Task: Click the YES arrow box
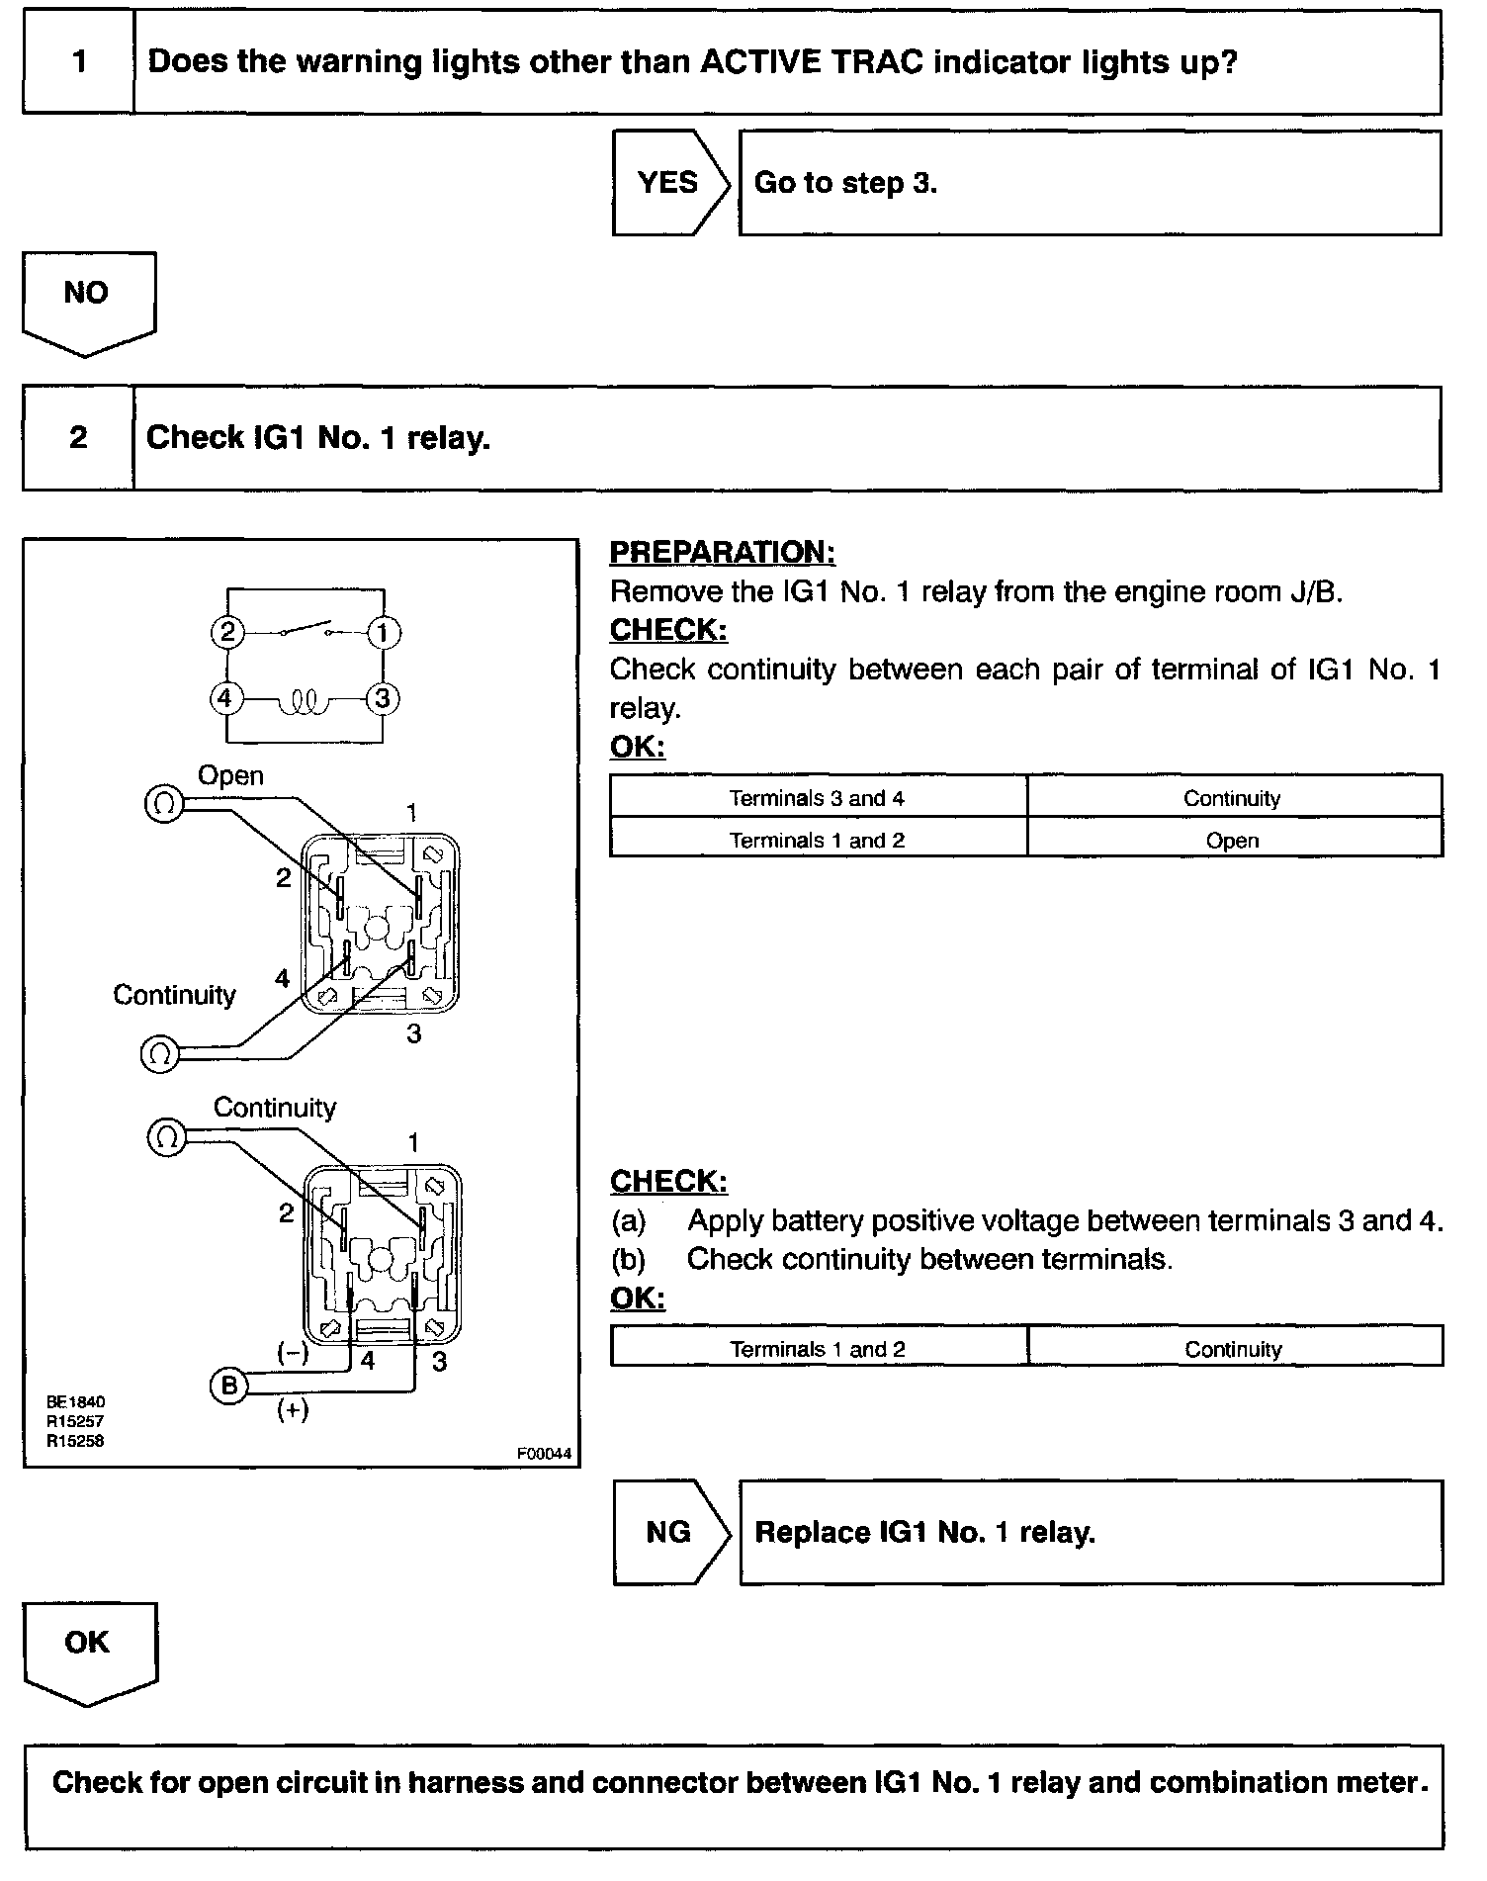pos(669,183)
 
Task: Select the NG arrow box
pos(669,1532)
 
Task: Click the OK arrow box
pos(88,1647)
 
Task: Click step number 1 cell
pos(78,62)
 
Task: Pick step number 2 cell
pos(78,438)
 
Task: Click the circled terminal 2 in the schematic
pos(227,633)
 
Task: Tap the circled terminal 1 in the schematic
pos(384,633)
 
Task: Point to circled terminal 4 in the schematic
pos(226,699)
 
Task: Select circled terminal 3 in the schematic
pos(383,699)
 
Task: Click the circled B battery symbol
pos(228,1387)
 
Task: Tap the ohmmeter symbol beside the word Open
pos(163,804)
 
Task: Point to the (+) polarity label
pos(293,1410)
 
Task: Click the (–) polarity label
pos(293,1354)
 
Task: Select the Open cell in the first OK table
pos(1233,841)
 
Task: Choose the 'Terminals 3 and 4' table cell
pos(817,798)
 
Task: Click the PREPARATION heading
pos(722,552)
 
